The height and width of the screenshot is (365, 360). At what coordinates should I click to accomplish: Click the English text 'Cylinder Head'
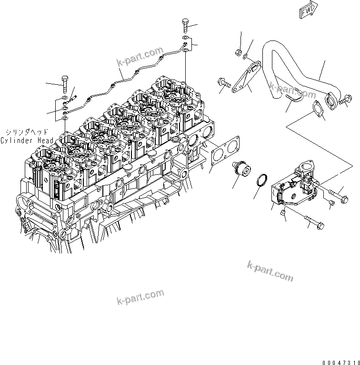[x=27, y=141]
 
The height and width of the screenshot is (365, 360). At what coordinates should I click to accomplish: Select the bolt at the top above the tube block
[x=185, y=26]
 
